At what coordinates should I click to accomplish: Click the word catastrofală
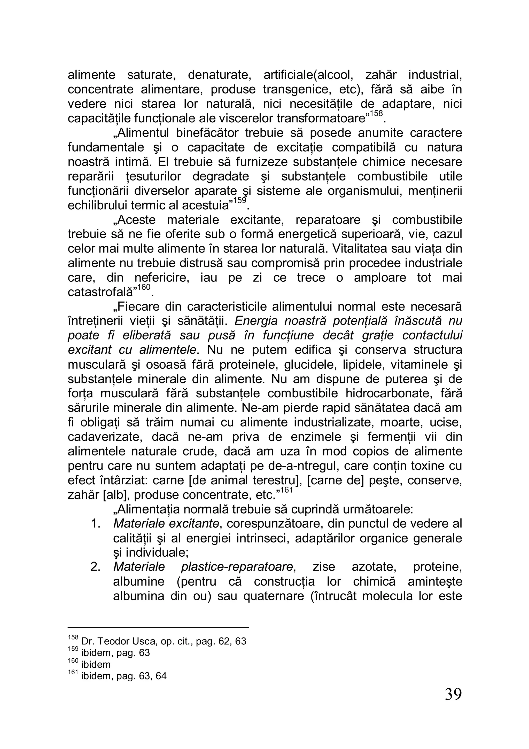[x=102, y=292]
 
